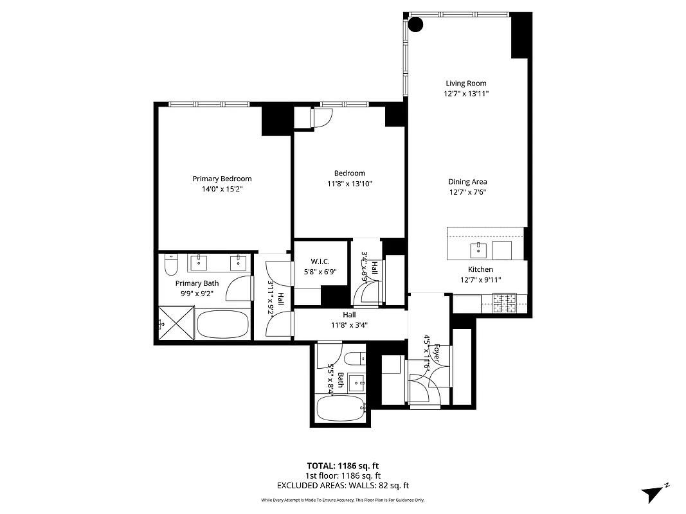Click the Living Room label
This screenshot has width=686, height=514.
coord(466,83)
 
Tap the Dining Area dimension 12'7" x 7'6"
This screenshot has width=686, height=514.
coord(467,192)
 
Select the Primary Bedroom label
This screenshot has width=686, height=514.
coord(222,179)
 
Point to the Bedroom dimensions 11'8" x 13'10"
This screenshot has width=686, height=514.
coord(349,184)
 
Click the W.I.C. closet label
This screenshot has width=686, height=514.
coord(320,261)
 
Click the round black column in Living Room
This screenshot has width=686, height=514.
coord(416,25)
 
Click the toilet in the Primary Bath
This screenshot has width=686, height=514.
coord(171,264)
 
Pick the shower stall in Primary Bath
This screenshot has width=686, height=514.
coord(177,322)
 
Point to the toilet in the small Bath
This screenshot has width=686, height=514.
coord(354,358)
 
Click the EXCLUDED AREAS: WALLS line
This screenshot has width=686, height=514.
coord(343,486)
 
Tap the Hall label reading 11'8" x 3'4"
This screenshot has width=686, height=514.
coord(349,320)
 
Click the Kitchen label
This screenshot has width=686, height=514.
coord(480,269)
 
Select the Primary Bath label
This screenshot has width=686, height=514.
coord(197,283)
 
